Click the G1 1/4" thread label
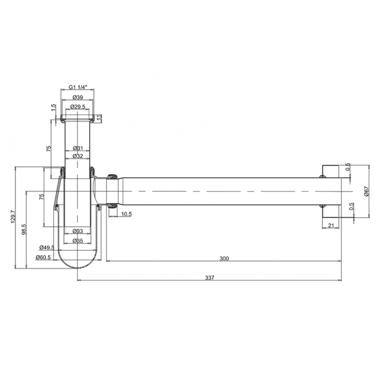coord(77,87)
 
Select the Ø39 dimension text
coord(77,97)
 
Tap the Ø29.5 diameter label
coord(77,107)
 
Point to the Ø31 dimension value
coord(78,148)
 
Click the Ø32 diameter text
coord(78,156)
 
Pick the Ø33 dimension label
coord(78,231)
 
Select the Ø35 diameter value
coord(78,241)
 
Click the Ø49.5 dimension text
coord(47,248)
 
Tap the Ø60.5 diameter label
coord(43,257)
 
